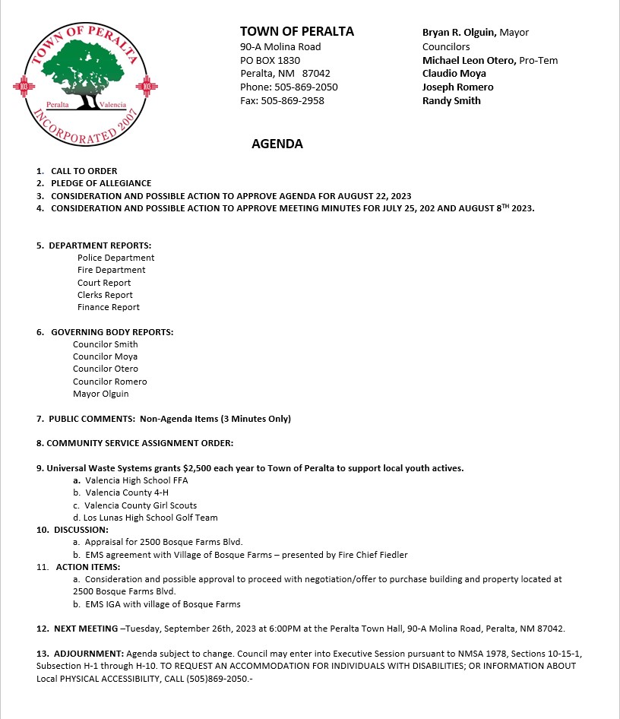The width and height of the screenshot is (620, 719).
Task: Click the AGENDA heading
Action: tap(277, 144)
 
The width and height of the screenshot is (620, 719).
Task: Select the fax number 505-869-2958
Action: tap(293, 100)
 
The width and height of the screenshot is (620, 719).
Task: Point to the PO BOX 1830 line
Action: tap(270, 60)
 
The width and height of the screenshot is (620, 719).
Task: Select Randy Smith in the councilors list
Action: tap(451, 100)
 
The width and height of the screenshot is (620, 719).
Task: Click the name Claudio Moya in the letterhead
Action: tap(454, 74)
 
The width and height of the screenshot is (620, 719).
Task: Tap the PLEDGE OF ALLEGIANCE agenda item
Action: tap(101, 183)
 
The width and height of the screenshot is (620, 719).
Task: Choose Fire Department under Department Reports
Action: tap(111, 270)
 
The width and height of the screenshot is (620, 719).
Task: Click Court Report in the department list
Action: tap(104, 283)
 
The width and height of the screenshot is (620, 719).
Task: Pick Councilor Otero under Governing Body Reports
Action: tap(106, 369)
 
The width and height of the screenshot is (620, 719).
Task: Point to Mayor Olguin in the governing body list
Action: tap(101, 394)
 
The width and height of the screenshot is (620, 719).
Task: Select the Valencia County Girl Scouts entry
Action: tap(141, 505)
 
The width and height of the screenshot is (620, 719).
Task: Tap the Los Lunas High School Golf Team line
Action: tap(151, 518)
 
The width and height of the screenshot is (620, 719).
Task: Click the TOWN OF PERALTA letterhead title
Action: tap(297, 31)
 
